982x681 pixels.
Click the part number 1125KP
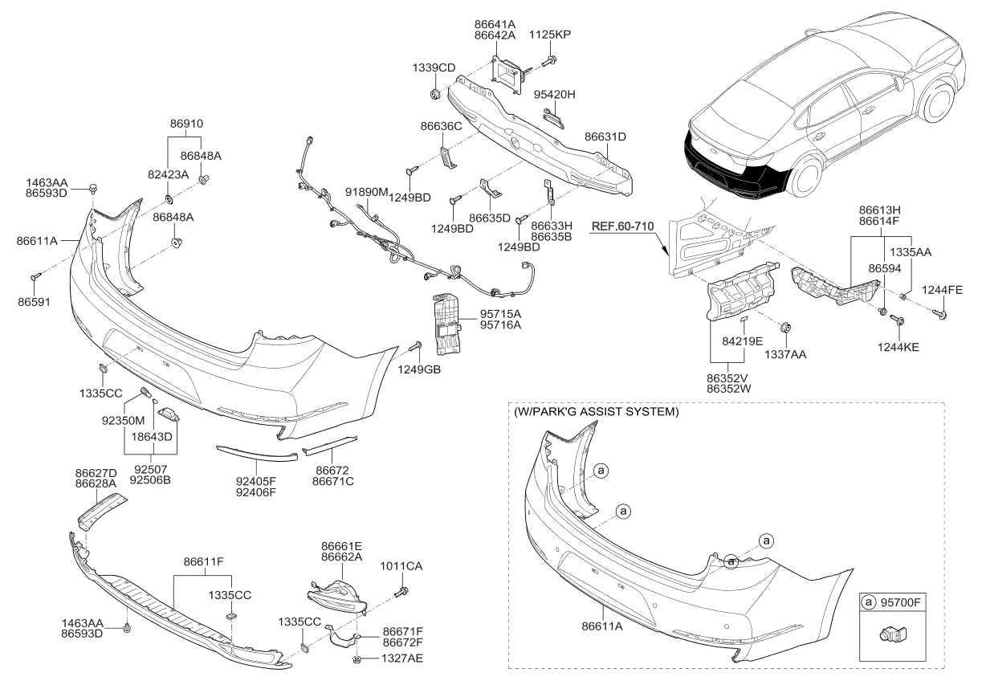pos(549,35)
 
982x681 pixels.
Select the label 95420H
pos(556,94)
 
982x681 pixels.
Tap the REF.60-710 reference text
pos(623,226)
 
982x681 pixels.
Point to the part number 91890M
pos(367,193)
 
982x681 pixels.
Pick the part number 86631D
pos(605,137)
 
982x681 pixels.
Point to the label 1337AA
pos(788,353)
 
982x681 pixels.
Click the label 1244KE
pos(898,347)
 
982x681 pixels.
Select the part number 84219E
pos(742,341)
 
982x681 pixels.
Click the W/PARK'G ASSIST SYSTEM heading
pos(595,412)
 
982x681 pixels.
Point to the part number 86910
pos(186,124)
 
